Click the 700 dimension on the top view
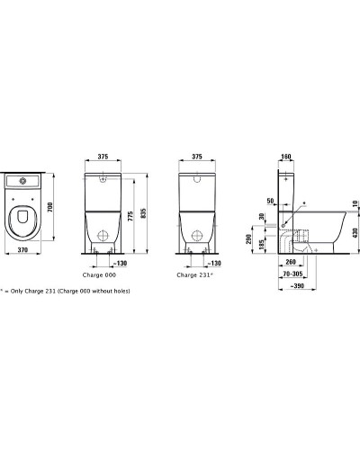pos(50,207)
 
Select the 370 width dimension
pos(22,249)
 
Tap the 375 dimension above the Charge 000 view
pos(103,157)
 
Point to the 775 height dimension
pos(130,216)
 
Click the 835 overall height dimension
pos(143,213)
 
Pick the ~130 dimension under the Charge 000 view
pos(120,263)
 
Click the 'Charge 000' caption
pos(99,275)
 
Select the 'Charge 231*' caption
pos(194,275)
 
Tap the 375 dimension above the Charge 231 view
pos(197,157)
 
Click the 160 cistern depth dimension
pos(286,157)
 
